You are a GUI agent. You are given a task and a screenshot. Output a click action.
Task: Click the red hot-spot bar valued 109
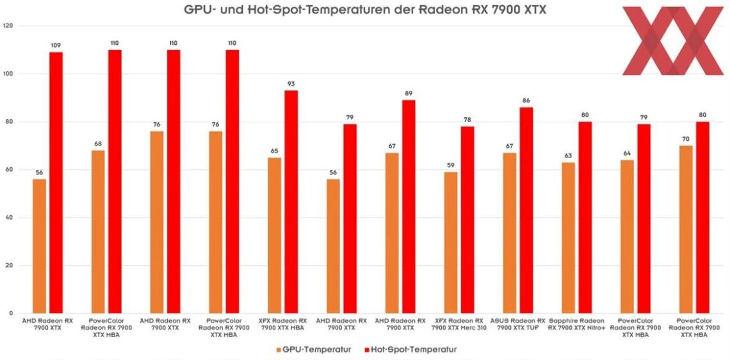[x=56, y=183]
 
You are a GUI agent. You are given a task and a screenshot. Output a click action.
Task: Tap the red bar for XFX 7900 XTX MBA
[x=291, y=202]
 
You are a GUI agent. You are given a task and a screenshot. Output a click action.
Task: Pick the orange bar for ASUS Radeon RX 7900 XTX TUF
[x=510, y=233]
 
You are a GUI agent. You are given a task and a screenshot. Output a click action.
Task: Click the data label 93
[x=291, y=84]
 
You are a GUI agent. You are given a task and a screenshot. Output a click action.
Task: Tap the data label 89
[x=409, y=94]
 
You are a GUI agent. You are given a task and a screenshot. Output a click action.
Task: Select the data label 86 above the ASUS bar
[x=526, y=101]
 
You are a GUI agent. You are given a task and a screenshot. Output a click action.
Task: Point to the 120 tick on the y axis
[x=9, y=26]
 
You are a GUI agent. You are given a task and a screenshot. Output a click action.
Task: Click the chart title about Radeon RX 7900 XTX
[x=365, y=10]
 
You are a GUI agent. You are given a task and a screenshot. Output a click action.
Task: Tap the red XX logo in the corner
[x=672, y=40]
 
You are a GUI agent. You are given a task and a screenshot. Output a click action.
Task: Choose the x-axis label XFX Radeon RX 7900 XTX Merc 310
[x=459, y=324]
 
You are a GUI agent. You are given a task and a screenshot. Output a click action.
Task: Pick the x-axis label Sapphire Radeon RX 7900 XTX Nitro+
[x=577, y=324]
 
